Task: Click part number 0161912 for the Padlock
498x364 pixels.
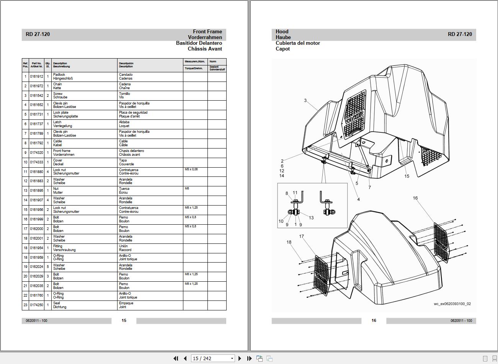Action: (x=36, y=77)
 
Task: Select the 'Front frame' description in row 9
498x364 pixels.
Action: (x=62, y=151)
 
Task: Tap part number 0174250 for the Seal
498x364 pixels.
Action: (x=36, y=305)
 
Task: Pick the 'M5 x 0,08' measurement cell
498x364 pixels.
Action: (x=191, y=169)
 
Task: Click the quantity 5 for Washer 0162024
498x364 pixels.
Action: (x=48, y=267)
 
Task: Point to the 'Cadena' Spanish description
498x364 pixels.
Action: (x=125, y=84)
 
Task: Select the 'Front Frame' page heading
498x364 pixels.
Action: (x=207, y=32)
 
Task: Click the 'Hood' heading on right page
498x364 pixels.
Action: (x=282, y=32)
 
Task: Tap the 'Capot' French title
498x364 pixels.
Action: (x=282, y=49)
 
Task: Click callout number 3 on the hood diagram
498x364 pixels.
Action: (x=305, y=101)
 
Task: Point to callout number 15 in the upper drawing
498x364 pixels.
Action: (x=407, y=176)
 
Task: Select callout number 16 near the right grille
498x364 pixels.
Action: (x=415, y=198)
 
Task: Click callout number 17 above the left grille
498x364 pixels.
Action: (x=301, y=236)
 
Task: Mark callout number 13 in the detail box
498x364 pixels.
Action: (x=311, y=218)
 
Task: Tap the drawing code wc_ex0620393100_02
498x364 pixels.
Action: (x=452, y=304)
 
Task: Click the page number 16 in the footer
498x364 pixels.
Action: (x=374, y=320)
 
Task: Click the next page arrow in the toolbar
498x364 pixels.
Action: (x=240, y=358)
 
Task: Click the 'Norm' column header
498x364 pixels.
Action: (x=213, y=62)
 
